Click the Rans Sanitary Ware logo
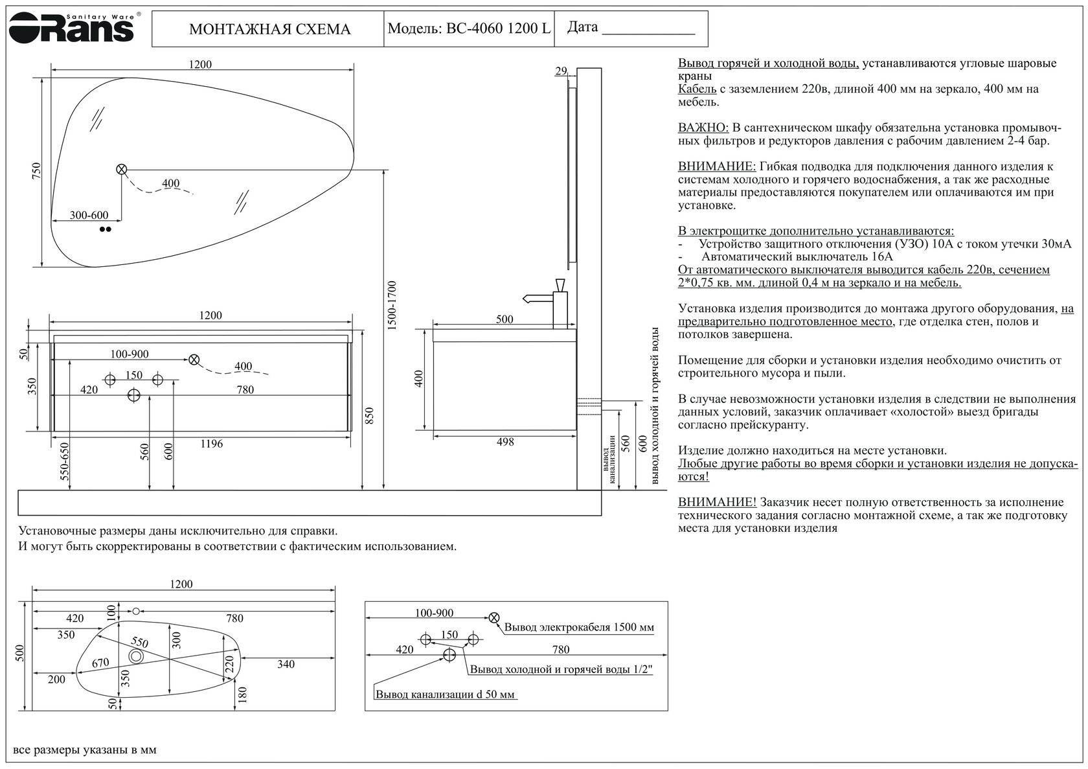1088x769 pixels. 71,27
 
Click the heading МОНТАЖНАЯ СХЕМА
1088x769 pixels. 269,30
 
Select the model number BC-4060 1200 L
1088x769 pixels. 468,29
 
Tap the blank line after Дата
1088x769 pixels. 648,31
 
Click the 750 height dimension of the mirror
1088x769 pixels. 37,170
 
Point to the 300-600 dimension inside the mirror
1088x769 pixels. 89,215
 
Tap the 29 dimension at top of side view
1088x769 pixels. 561,71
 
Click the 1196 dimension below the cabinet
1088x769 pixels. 211,444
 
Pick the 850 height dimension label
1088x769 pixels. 370,416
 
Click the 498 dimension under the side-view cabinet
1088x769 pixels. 505,442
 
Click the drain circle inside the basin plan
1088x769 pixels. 136,656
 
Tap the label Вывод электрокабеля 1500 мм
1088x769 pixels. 579,627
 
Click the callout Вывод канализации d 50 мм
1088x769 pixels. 446,694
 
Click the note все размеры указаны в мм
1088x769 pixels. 85,750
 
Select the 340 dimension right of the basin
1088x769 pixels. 286,664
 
